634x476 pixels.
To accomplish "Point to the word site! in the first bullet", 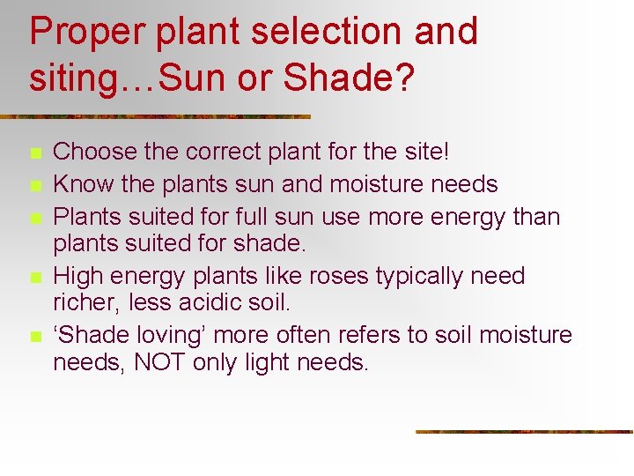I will click(x=425, y=152).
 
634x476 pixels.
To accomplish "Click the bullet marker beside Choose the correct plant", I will click(x=34, y=153).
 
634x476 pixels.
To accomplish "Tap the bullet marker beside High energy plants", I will click(x=34, y=278).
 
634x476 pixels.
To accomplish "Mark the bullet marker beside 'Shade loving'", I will click(x=34, y=337).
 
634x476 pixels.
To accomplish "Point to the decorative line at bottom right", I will click(x=524, y=432).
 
